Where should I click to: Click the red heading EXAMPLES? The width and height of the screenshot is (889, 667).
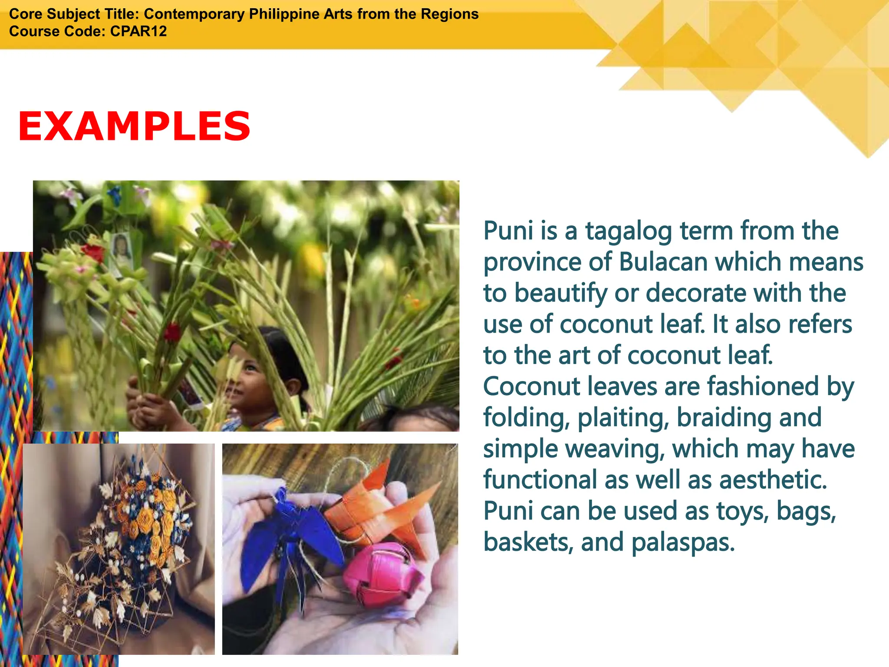134,126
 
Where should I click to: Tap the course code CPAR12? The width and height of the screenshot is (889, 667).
138,31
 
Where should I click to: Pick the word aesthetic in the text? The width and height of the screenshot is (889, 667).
773,480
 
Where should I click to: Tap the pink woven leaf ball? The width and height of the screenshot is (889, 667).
382,573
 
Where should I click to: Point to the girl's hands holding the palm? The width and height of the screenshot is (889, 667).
148,402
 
